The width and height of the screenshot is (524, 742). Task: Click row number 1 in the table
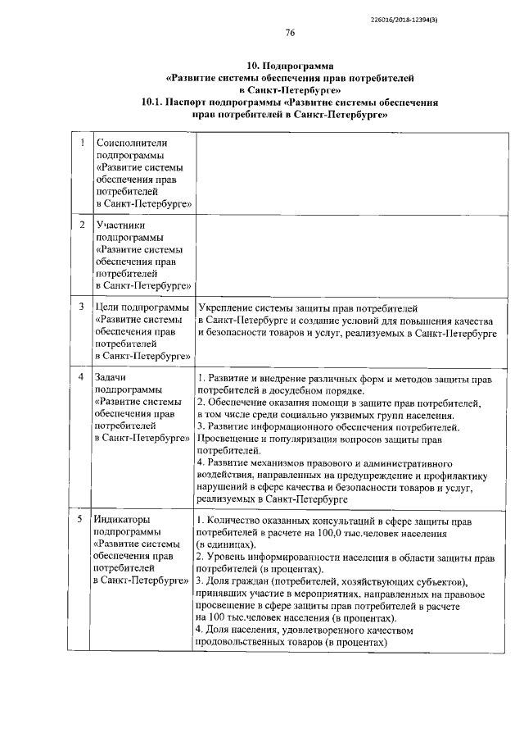tap(81, 143)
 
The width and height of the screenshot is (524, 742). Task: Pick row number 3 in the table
tap(81, 306)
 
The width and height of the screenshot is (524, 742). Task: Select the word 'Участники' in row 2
tap(120, 224)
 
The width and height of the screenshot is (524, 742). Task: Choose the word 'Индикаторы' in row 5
tap(124, 519)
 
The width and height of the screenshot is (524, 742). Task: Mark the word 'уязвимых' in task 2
tap(351, 415)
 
